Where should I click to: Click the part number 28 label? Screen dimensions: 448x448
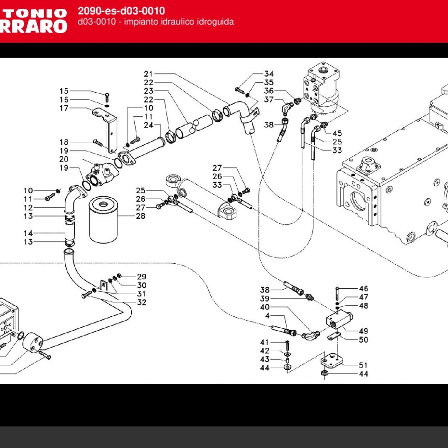click(140, 216)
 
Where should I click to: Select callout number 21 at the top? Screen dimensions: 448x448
click(149, 74)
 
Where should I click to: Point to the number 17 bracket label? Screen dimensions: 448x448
click(64, 108)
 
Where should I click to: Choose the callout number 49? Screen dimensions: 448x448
click(364, 331)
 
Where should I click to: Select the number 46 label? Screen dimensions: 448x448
click(364, 289)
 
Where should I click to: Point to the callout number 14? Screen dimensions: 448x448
click(28, 233)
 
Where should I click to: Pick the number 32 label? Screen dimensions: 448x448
click(142, 302)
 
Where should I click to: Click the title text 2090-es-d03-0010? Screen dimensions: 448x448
click(122, 11)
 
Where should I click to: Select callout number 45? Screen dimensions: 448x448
click(337, 133)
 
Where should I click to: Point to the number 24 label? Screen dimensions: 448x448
click(149, 125)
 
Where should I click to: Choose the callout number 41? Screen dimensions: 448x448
click(265, 342)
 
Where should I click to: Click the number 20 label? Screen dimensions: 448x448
click(64, 159)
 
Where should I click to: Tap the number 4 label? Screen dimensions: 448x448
click(267, 316)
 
